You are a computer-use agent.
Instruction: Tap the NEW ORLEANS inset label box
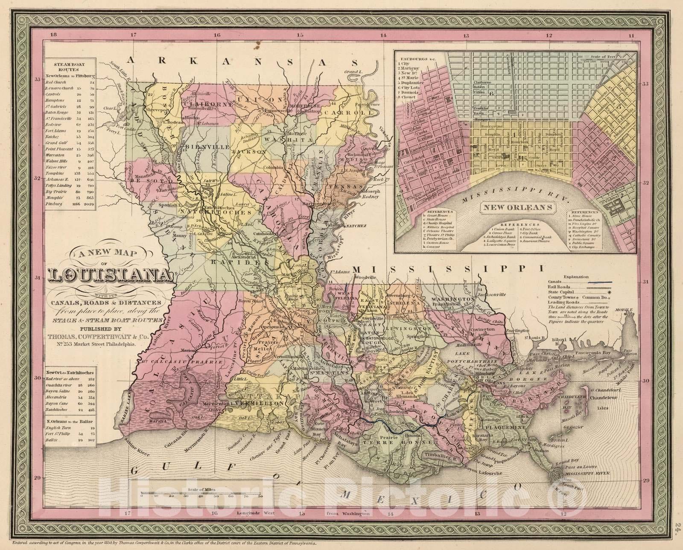tap(518, 207)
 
